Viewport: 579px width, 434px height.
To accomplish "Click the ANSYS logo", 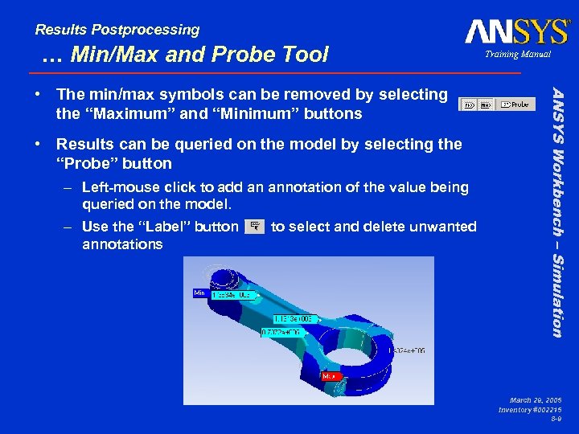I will (x=515, y=31).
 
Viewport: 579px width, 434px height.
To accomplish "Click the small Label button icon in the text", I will (x=254, y=227).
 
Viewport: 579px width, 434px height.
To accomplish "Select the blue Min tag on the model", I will (x=199, y=293).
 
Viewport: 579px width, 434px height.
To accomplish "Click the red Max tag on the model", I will (x=330, y=375).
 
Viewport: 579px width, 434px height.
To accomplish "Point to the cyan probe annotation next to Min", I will (x=232, y=295).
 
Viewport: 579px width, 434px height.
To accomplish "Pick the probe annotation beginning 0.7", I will (x=282, y=332).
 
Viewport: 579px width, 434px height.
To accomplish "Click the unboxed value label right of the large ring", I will (x=410, y=350).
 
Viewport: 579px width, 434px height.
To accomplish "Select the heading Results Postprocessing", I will (x=117, y=30).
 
